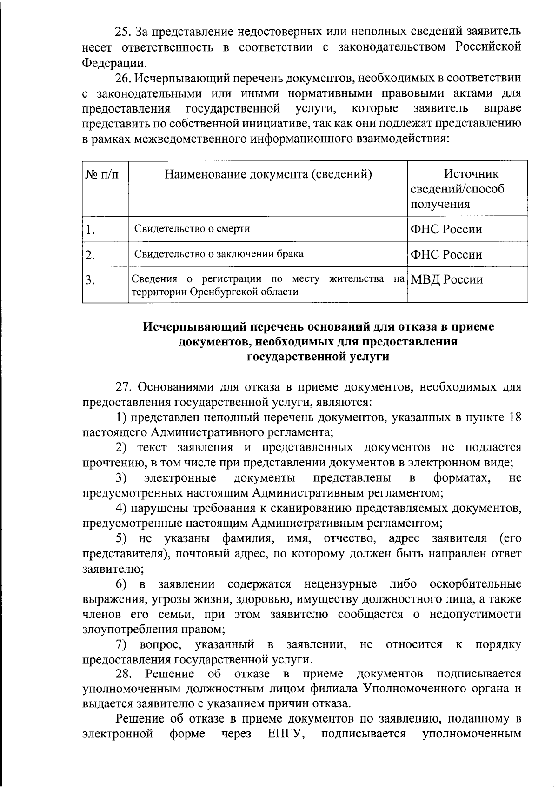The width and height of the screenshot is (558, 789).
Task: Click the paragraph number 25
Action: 123,32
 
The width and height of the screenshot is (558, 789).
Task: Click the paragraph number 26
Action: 123,78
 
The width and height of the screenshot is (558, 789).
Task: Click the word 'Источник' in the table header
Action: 471,174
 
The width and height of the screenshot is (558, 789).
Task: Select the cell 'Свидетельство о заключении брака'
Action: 219,254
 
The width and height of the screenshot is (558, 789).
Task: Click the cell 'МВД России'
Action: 446,279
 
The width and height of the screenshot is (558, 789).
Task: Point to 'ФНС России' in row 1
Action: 446,229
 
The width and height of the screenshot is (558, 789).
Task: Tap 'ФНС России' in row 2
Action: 446,254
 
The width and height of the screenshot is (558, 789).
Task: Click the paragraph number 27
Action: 124,387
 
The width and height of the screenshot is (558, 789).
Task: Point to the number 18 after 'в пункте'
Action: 515,417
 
